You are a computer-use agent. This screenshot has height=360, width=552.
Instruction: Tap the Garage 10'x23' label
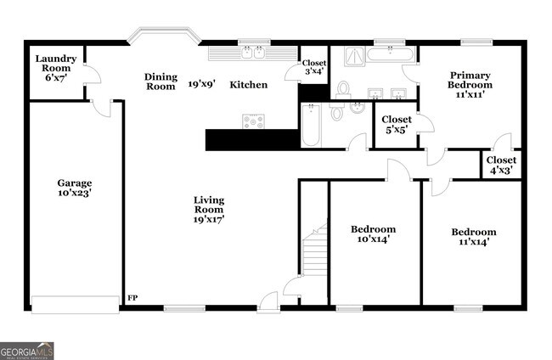(x=74, y=188)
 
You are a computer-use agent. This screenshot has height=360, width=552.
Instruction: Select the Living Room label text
(x=208, y=209)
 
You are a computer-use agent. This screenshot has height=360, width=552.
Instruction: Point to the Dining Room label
(x=160, y=82)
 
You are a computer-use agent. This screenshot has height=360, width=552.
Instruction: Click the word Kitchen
(x=249, y=85)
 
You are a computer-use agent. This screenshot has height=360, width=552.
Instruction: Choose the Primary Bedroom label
(x=470, y=85)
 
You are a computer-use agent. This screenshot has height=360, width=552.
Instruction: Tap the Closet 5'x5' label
(x=397, y=125)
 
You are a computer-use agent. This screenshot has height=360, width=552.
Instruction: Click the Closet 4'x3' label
(x=501, y=165)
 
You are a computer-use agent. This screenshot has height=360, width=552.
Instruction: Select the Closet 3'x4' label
(x=314, y=67)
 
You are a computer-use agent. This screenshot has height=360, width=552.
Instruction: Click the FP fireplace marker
(x=132, y=298)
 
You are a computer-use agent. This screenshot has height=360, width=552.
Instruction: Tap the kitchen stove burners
(x=253, y=121)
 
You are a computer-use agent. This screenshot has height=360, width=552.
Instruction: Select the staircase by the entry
(x=316, y=250)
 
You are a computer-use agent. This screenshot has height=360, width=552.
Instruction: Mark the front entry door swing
(x=270, y=298)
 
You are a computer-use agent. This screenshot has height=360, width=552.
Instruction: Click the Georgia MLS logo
(x=26, y=351)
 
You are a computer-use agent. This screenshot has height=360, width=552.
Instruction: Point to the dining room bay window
(x=164, y=37)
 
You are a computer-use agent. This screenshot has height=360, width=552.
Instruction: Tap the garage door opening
(x=75, y=304)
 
